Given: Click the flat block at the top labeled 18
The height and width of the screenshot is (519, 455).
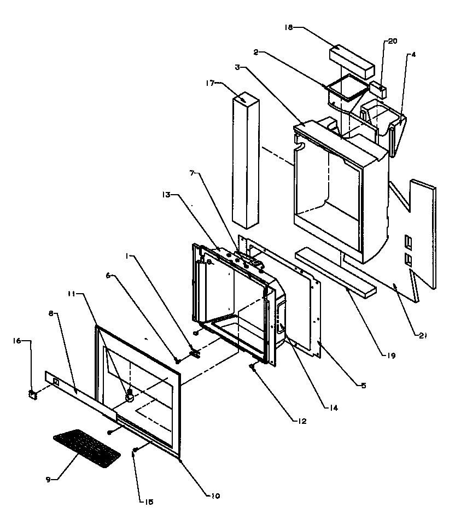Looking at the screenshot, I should pyautogui.click(x=351, y=61).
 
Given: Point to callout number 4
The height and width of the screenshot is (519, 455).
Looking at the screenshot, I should pyautogui.click(x=414, y=54).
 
